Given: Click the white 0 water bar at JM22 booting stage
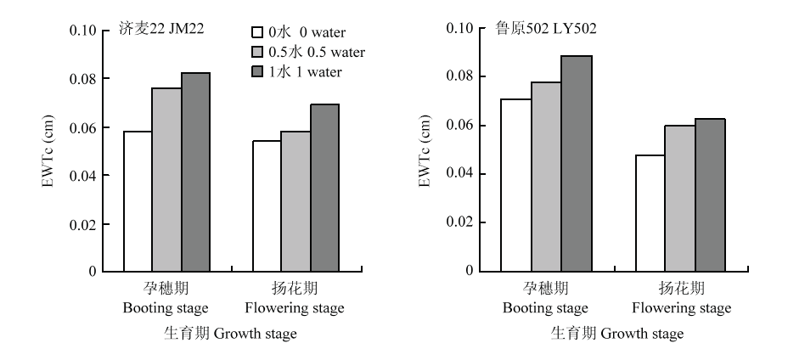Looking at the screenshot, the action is point(138,201).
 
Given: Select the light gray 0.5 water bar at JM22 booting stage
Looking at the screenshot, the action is point(166,180).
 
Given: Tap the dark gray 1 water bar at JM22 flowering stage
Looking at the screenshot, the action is point(324,188).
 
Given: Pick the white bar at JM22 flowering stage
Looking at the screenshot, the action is point(267,206).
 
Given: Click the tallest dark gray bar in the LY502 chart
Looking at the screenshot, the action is point(577,164).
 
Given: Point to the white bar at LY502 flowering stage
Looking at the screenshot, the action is point(650,214).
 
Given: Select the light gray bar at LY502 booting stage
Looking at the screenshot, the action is point(547,177).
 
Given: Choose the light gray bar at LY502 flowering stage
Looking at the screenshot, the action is point(680,199).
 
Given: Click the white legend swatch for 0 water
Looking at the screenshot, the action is point(257,32).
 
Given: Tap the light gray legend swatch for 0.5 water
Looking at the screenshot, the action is point(257,53).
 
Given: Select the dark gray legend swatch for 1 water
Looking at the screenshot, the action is point(257,72).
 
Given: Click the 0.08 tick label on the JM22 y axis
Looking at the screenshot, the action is point(82,79).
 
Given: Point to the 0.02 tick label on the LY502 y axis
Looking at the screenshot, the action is point(459,222).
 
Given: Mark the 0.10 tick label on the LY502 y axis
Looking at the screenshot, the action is point(459,28).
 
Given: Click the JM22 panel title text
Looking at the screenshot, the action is point(161,29).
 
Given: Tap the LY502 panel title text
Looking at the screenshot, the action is point(545,29).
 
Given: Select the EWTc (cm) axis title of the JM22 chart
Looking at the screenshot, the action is point(48,151).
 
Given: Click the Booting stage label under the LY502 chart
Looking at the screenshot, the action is point(545,307).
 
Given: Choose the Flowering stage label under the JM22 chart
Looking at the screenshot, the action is point(295,307).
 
